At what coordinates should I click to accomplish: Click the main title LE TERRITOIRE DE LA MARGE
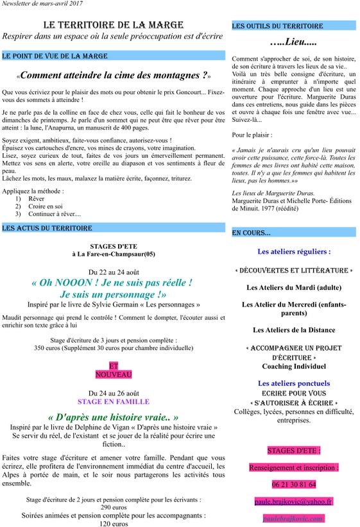113,25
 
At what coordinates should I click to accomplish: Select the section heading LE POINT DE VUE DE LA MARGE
55,56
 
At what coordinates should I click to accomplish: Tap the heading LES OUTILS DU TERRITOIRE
277,26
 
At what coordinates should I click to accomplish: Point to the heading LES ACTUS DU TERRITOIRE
47,228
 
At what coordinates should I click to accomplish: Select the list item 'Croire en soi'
46,206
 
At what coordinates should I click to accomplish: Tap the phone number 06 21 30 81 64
293,484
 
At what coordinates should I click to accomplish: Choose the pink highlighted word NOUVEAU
113,374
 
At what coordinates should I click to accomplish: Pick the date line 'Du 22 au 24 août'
113,271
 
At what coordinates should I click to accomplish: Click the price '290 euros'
113,506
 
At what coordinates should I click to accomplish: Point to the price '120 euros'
113,523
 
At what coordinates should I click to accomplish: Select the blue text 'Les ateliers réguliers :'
293,252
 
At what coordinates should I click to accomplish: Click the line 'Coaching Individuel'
293,366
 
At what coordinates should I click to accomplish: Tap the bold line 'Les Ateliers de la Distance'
293,330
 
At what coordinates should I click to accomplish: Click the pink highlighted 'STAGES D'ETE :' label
293,451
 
